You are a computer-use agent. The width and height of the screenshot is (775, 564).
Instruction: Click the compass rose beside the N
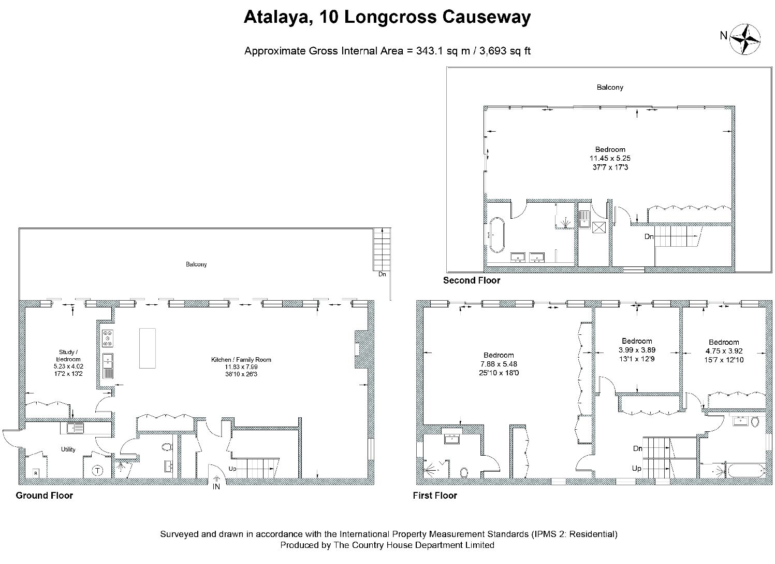(x=744, y=39)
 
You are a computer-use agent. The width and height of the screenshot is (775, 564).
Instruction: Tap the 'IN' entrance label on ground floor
(x=216, y=487)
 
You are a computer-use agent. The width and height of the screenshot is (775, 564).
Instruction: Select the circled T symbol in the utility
(x=98, y=471)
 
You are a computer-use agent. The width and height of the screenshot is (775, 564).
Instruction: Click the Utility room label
(x=68, y=449)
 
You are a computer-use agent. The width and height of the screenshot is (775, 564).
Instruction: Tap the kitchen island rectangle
(x=148, y=348)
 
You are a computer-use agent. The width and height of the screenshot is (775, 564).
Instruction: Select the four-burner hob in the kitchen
(x=108, y=338)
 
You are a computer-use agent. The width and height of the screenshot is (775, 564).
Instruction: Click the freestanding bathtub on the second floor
(x=497, y=235)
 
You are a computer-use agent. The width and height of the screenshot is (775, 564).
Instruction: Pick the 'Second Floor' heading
(x=472, y=280)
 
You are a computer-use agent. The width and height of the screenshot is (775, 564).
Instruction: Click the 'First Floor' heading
(x=435, y=496)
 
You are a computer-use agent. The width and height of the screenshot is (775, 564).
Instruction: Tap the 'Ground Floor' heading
(x=45, y=496)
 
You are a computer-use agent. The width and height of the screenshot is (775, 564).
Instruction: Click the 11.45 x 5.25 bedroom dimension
(x=610, y=158)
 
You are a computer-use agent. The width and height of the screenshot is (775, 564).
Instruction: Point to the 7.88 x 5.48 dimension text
(x=499, y=364)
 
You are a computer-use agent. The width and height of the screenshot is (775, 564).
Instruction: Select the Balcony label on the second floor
(x=610, y=87)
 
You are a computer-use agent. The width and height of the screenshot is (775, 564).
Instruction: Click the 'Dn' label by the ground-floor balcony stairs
(x=382, y=274)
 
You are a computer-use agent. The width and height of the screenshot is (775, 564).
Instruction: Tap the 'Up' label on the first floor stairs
(x=637, y=469)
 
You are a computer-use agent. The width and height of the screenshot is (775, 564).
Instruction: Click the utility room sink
(x=75, y=428)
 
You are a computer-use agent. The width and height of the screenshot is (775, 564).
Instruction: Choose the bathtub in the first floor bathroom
(x=746, y=471)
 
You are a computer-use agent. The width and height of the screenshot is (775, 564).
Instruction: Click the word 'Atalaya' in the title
(x=276, y=17)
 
